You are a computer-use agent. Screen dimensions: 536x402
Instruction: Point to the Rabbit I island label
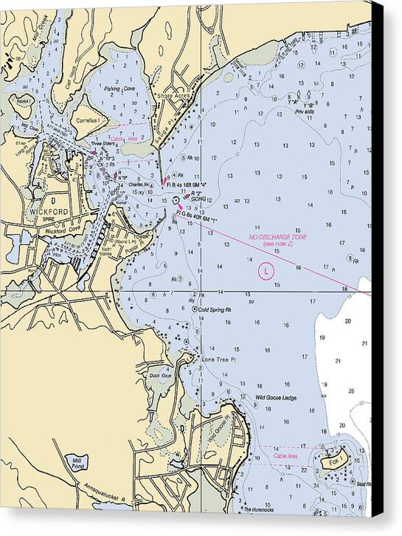(24, 102)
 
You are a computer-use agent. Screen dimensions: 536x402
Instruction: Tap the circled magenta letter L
(264, 272)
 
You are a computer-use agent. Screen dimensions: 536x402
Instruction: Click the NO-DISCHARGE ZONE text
(277, 237)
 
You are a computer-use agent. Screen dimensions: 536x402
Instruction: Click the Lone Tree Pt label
(218, 360)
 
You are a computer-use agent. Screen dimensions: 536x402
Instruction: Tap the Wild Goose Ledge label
(275, 398)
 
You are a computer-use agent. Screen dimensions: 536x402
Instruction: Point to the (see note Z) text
(277, 244)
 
